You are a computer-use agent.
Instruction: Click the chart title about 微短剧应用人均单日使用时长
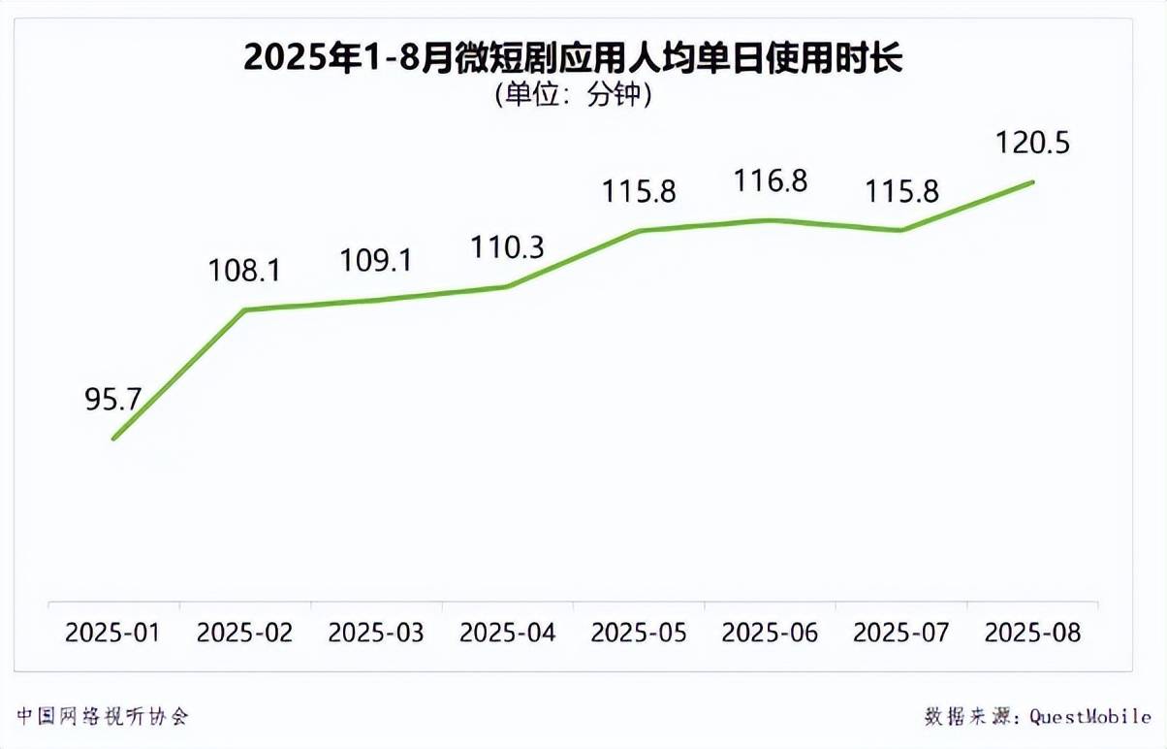pyautogui.click(x=573, y=58)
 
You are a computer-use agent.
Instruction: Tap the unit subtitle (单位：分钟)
pyautogui.click(x=573, y=95)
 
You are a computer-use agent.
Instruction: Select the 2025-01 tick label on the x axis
pyautogui.click(x=112, y=633)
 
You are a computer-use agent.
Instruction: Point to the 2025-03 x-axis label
pyautogui.click(x=376, y=633)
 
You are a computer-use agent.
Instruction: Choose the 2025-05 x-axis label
pyautogui.click(x=639, y=633)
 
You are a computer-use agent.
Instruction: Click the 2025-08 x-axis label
pyautogui.click(x=1032, y=633)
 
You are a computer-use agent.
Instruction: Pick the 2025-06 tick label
pyautogui.click(x=771, y=633)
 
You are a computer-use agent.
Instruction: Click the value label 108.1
pyautogui.click(x=244, y=270)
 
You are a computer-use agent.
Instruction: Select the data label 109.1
pyautogui.click(x=376, y=260)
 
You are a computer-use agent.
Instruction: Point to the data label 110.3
pyautogui.click(x=507, y=247)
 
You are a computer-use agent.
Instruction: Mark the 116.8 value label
pyautogui.click(x=771, y=181)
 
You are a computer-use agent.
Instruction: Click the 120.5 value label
pyautogui.click(x=1032, y=144)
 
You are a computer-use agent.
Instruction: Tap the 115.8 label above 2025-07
pyautogui.click(x=901, y=191)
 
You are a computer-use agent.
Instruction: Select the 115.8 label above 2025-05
pyautogui.click(x=639, y=191)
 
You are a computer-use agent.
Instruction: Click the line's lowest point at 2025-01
pyautogui.click(x=113, y=439)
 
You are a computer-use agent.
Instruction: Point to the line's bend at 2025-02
pyautogui.click(x=244, y=309)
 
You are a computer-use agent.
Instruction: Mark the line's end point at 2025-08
pyautogui.click(x=1033, y=181)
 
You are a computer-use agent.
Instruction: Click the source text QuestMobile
pyautogui.click(x=1090, y=717)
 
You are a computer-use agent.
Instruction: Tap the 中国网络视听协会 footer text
pyautogui.click(x=102, y=716)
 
